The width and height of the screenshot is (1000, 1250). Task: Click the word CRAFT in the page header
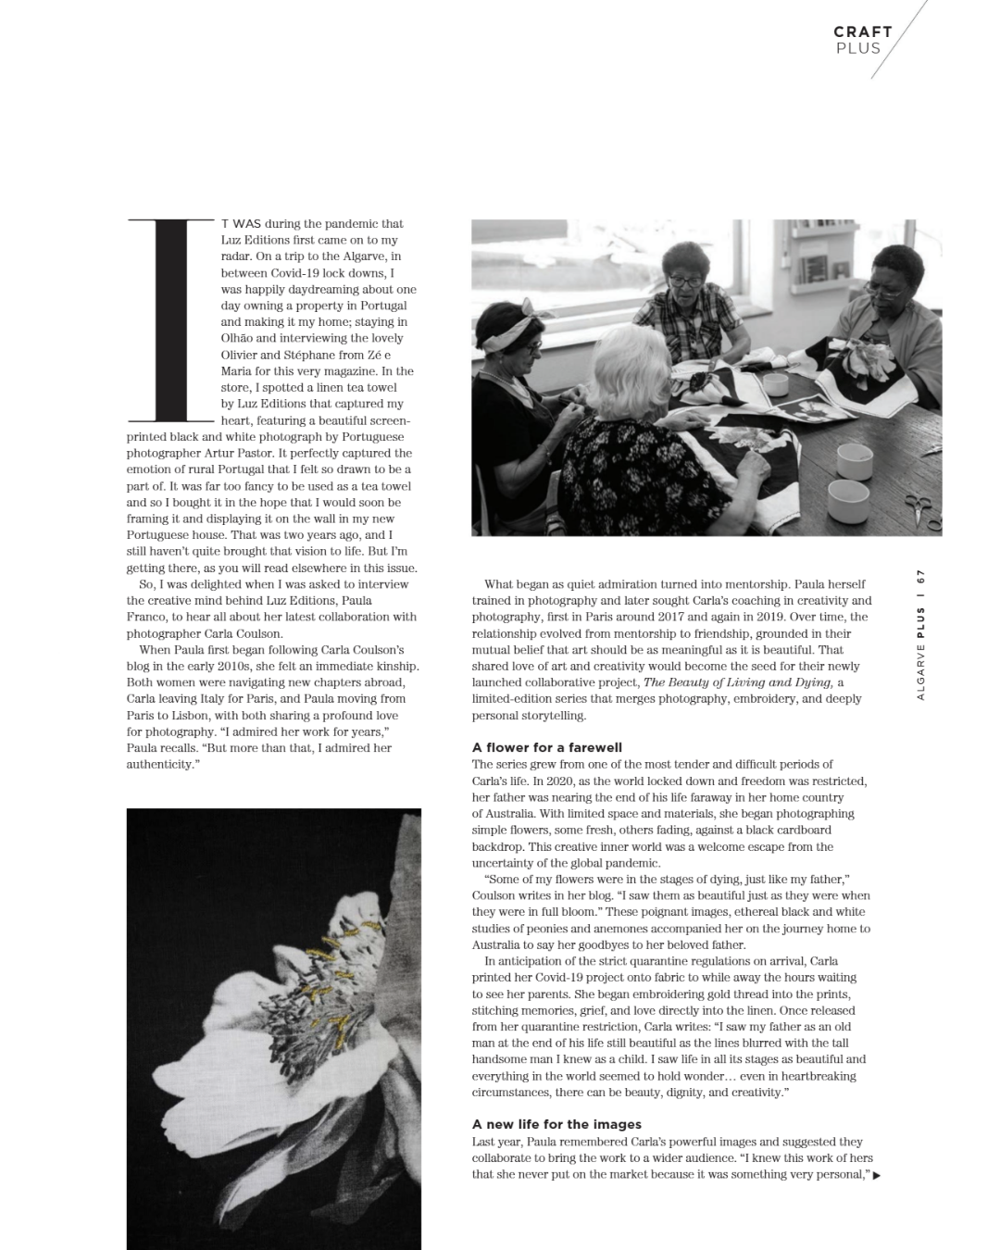pos(862,31)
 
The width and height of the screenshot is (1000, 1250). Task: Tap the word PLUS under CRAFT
pos(858,49)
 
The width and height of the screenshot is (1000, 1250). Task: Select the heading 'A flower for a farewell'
pos(546,747)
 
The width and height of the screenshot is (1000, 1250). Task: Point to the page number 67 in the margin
pos(921,576)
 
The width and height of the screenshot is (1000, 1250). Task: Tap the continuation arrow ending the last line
pos(876,1176)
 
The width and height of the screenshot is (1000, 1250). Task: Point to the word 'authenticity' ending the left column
pos(161,765)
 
